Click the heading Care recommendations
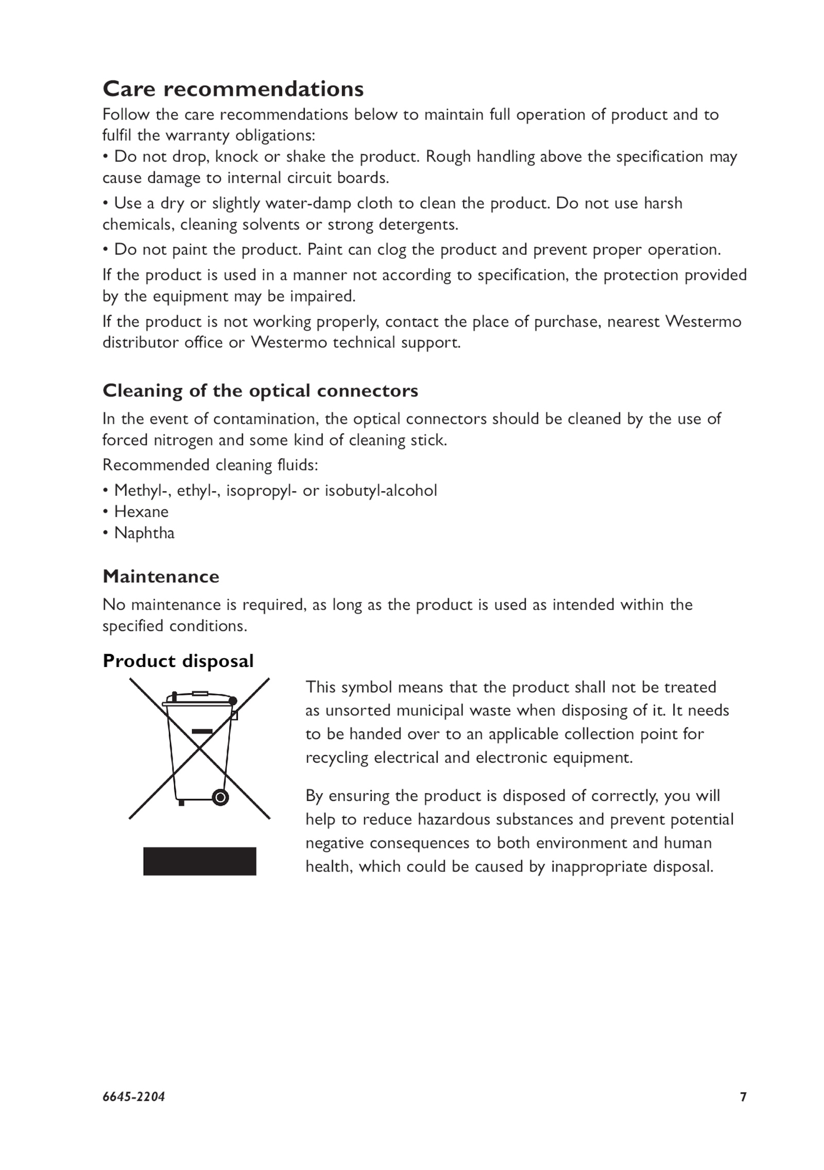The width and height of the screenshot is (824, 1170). click(233, 89)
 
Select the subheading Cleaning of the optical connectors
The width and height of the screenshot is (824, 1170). click(260, 390)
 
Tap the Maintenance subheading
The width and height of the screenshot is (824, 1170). click(161, 576)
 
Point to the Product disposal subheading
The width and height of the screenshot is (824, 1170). click(178, 660)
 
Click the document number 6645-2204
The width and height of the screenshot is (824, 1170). click(133, 1111)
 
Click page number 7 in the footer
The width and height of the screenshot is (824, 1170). click(743, 1111)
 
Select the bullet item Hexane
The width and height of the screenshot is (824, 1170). click(141, 511)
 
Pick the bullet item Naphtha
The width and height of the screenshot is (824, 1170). click(144, 532)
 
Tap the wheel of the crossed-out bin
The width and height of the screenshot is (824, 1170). click(220, 797)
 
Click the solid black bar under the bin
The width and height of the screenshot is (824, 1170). click(199, 861)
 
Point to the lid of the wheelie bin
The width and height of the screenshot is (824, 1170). click(198, 700)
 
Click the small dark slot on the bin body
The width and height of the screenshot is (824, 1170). click(202, 731)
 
